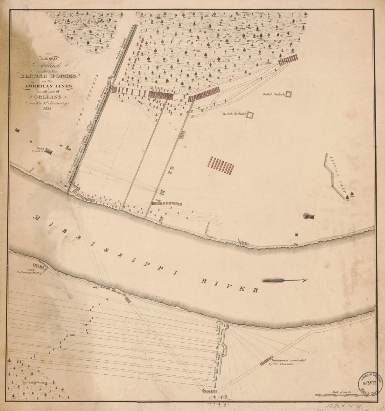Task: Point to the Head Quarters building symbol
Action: [49, 151]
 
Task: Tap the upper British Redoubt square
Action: [289, 94]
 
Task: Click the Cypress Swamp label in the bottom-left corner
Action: [33, 383]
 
